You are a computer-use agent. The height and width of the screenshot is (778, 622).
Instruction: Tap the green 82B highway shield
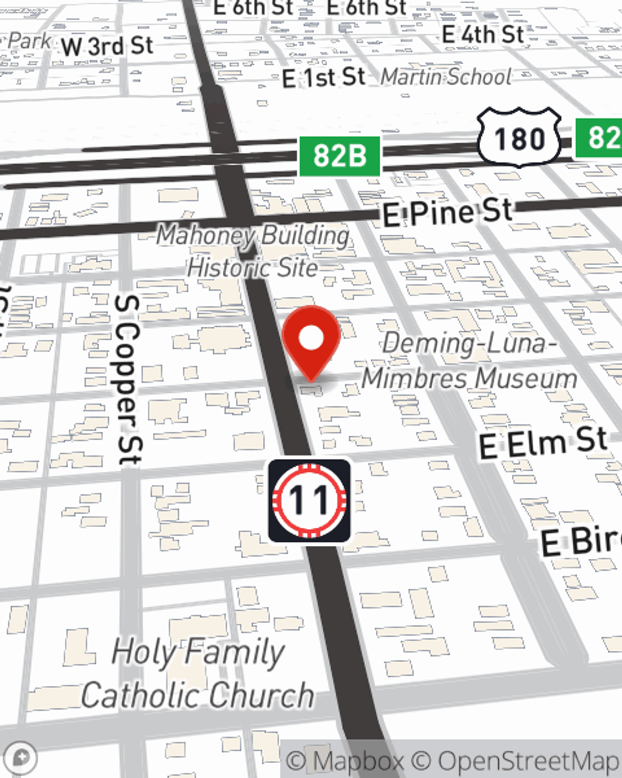click(x=339, y=156)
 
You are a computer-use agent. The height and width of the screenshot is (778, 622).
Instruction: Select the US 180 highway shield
click(x=519, y=138)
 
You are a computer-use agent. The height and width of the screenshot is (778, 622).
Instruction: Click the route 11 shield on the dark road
click(x=309, y=500)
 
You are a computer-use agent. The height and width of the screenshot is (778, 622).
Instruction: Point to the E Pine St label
click(x=447, y=213)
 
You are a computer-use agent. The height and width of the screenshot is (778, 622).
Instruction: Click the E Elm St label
click(x=542, y=443)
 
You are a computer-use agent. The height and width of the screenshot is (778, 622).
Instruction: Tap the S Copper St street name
click(x=128, y=380)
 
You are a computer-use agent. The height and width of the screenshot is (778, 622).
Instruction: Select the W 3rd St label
click(x=106, y=46)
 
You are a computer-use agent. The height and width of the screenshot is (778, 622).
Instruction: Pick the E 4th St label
click(x=483, y=34)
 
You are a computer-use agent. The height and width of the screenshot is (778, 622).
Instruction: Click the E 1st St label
click(x=323, y=78)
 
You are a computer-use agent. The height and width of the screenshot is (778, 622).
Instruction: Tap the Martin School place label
click(x=446, y=77)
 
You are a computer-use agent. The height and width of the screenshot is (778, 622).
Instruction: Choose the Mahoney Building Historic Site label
click(x=253, y=251)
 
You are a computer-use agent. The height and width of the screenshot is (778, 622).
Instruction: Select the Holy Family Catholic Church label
click(x=198, y=673)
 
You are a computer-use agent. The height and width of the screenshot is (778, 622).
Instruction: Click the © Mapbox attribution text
click(x=345, y=761)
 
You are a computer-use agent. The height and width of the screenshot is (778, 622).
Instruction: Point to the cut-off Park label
click(x=28, y=41)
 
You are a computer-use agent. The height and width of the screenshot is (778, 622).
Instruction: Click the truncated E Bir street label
click(x=580, y=541)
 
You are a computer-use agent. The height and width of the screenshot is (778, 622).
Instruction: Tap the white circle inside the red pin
click(x=311, y=338)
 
